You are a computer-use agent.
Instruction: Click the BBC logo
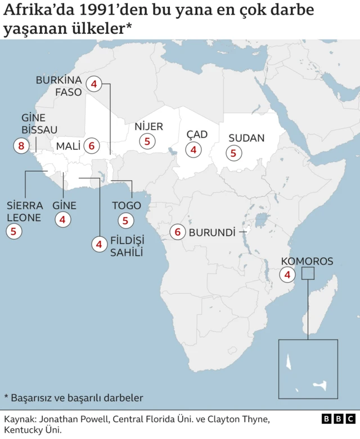338,419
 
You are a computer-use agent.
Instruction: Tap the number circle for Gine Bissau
21,146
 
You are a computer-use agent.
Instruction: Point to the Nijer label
148,127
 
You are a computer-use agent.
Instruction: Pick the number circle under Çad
194,150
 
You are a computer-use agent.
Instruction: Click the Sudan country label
246,138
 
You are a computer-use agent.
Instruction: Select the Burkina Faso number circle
94,85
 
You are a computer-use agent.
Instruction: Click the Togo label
126,205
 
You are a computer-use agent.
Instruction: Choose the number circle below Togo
125,221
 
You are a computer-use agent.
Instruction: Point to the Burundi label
211,232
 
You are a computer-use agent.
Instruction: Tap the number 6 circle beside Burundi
178,232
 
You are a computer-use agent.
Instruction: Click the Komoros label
307,261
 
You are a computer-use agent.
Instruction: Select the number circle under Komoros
288,275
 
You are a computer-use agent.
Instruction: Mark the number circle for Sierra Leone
13,230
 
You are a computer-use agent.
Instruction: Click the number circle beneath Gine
63,220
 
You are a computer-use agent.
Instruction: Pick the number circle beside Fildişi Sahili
99,244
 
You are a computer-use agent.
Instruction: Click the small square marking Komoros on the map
308,274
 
